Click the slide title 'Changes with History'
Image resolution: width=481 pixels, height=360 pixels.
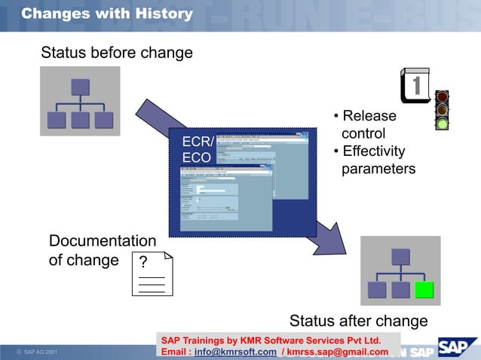pos(107,14)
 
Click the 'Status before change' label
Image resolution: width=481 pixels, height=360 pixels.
pos(117,53)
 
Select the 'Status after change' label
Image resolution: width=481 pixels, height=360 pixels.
pos(358,321)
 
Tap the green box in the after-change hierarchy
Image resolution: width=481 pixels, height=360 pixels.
pos(424,290)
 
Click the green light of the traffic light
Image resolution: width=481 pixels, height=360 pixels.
pos(443,123)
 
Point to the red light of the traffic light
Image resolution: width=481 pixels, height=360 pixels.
pos(443,97)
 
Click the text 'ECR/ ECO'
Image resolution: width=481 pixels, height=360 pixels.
pos(198,150)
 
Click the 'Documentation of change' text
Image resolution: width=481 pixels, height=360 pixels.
pos(102,251)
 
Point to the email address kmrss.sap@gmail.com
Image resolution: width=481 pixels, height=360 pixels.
pos(338,352)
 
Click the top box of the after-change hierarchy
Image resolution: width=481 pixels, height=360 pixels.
pos(400,257)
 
